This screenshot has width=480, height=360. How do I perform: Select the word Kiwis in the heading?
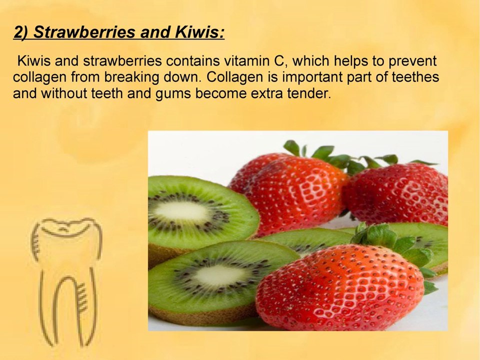[x=197, y=32]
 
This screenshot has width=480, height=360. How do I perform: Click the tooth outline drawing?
[x=65, y=280]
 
